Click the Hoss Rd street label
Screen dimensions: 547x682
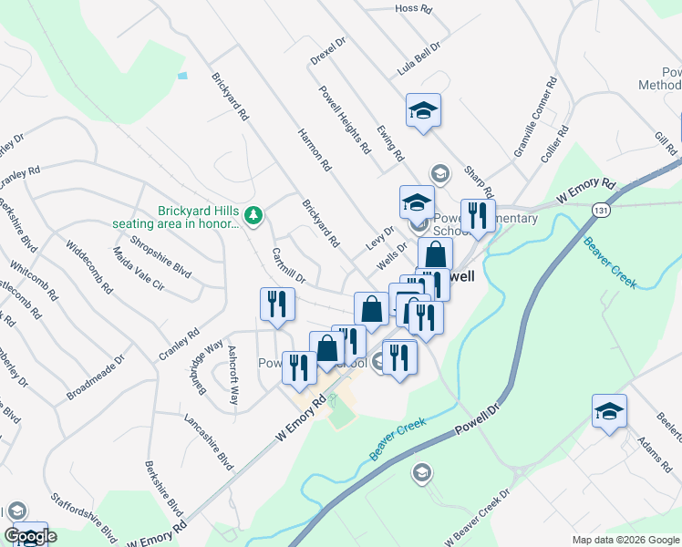pos(412,8)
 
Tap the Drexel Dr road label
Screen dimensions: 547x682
pos(329,51)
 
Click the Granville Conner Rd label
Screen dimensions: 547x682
pos(535,118)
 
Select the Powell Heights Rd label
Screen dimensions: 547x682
pos(345,119)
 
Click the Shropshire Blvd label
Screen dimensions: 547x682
pos(160,256)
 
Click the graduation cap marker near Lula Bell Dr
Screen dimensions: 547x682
pos(423,112)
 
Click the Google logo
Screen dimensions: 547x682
pos(30,536)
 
